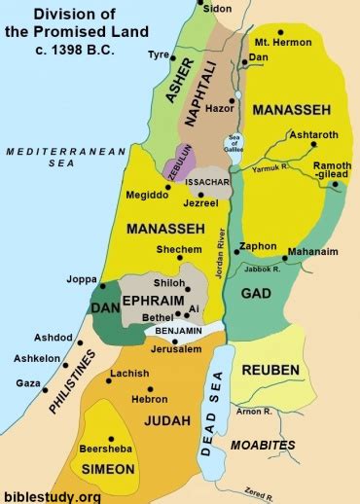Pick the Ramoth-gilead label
pyautogui.click(x=331, y=171)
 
